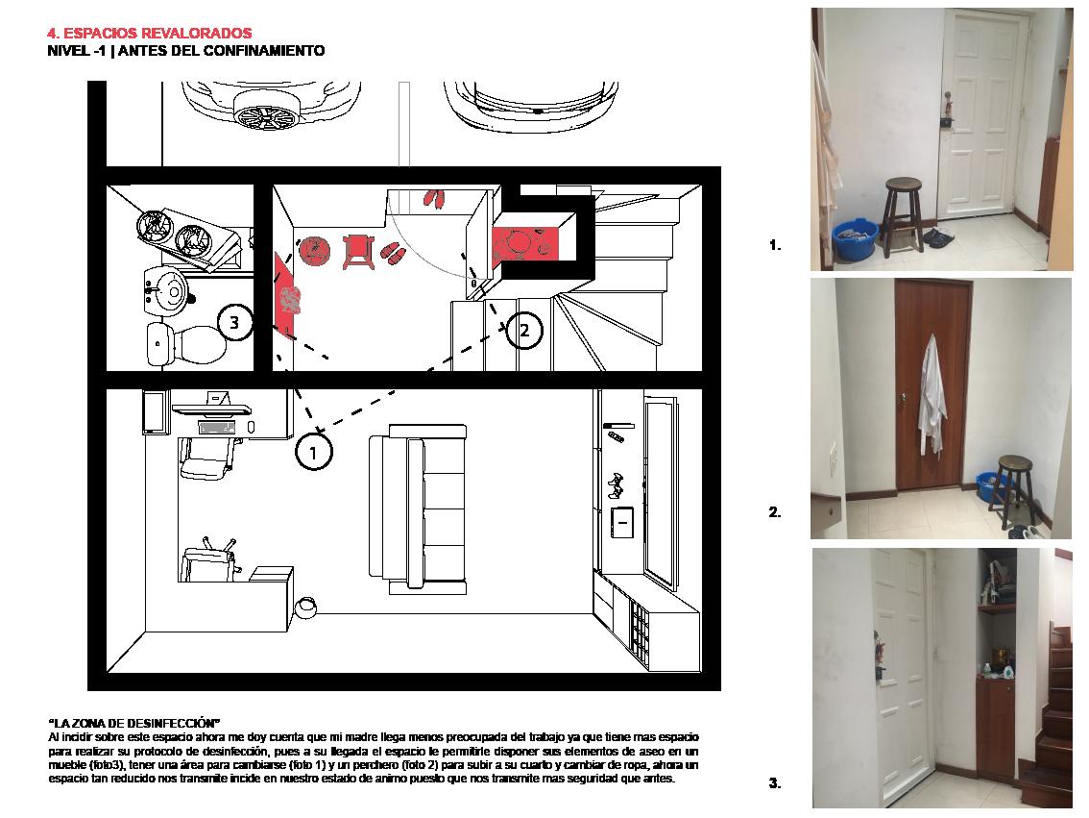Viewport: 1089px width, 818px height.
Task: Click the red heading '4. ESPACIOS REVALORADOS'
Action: coord(149,34)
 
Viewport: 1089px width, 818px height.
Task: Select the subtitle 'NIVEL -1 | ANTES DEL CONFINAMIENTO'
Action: coord(185,51)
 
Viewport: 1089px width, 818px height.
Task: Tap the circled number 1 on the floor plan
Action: coord(313,451)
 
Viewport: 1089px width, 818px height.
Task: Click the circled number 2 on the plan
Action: coord(523,331)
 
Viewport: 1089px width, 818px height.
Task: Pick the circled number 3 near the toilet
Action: coord(234,324)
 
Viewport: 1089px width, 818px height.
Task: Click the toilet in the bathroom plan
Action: coord(187,343)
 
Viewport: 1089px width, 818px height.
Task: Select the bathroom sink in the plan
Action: coord(169,287)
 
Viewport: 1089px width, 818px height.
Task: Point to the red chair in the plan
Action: coord(358,250)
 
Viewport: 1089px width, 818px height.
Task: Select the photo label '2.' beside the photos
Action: coord(775,513)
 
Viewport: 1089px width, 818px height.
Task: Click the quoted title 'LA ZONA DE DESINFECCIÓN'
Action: coord(134,723)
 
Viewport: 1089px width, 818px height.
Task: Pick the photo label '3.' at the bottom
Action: coord(775,783)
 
